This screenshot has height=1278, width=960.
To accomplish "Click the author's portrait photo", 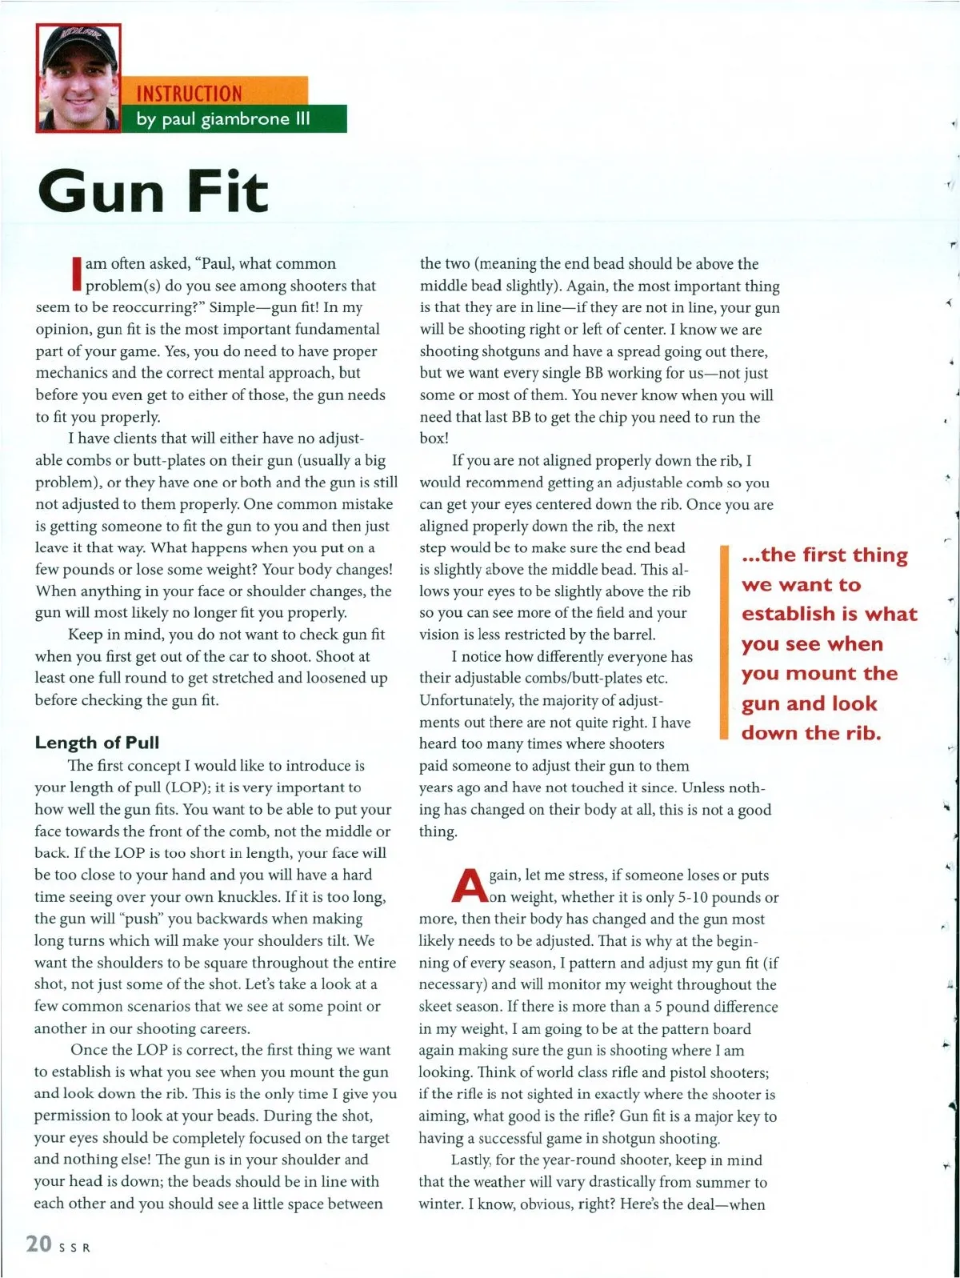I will click(78, 78).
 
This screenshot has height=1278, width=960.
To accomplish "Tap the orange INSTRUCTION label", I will click(189, 94).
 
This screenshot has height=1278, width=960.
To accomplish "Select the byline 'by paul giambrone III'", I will click(223, 119).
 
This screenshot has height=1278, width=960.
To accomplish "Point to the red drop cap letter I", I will click(77, 274).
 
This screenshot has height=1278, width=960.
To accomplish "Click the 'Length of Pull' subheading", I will click(97, 743).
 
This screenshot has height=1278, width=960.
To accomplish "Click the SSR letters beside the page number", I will click(74, 1247).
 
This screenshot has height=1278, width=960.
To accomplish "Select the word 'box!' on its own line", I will click(434, 439).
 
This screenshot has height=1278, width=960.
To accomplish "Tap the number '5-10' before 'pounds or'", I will click(690, 897).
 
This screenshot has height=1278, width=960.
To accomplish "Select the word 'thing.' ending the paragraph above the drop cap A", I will click(438, 831).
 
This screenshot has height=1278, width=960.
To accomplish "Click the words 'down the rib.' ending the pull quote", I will click(811, 733).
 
